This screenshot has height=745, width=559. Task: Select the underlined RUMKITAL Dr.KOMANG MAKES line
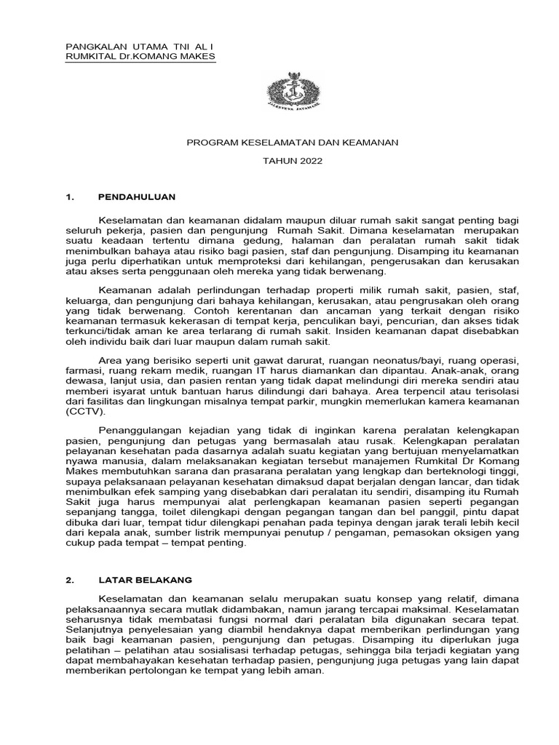click(140, 56)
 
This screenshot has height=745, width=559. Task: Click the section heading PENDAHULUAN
click(137, 197)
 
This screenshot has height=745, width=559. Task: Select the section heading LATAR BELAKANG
click(145, 580)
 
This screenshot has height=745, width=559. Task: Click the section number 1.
click(70, 197)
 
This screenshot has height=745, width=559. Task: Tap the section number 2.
click(70, 580)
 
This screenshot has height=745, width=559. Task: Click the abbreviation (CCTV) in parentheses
click(85, 412)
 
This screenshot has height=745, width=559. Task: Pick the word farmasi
click(81, 370)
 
